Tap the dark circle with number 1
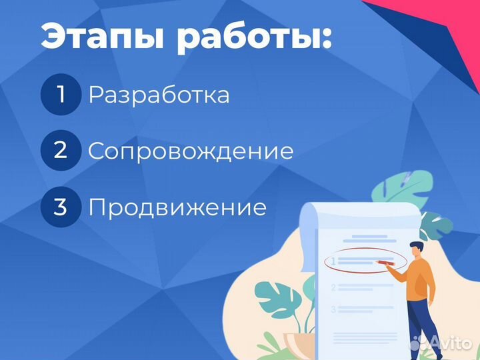[x=61, y=95]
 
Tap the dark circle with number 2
[x=61, y=150]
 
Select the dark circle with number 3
[x=61, y=207]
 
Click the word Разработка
[x=159, y=95]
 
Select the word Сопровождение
[x=191, y=151]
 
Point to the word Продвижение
[x=177, y=207]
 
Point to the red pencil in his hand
[x=385, y=263]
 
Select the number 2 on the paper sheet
[x=333, y=288]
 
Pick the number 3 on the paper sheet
[x=333, y=309]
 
